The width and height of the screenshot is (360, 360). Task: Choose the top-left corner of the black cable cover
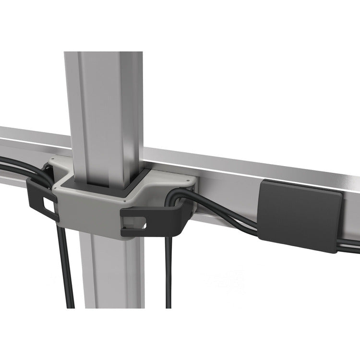[262, 183]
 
